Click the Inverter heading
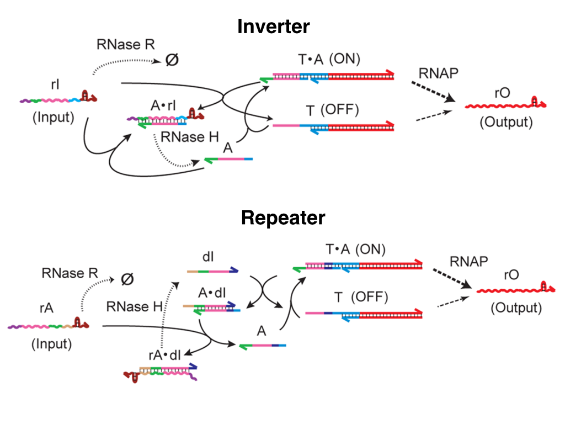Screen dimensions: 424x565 coord(274,26)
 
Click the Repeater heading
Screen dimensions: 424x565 coord(282,218)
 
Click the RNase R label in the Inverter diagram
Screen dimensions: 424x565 coord(126,45)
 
